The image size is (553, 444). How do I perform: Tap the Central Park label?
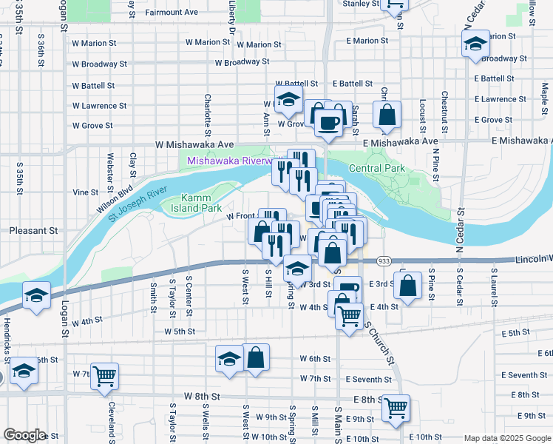376,169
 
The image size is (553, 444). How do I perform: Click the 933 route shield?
384,261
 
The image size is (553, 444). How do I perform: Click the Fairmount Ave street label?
172,13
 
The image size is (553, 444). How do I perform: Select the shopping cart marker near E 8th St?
397,406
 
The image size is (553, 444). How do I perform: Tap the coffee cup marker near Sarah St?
328,121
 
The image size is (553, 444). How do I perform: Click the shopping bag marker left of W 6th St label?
255,357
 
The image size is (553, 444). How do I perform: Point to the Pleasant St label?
33,231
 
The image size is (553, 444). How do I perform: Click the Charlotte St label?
208,110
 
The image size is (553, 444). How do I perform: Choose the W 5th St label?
180,332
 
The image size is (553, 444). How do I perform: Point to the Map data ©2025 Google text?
506,438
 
